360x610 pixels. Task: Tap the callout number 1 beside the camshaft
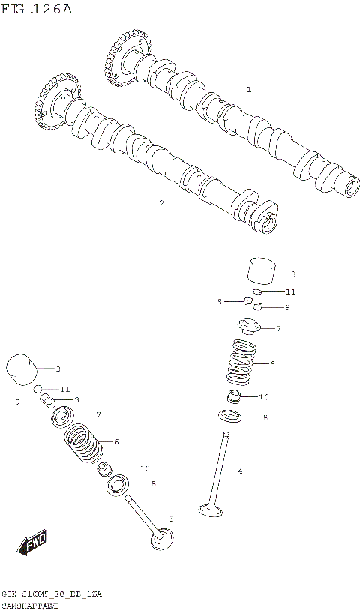coord(249,90)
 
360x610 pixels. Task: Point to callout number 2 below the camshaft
coord(161,202)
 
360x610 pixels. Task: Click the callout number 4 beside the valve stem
coord(240,471)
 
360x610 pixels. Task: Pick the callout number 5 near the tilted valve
coord(171,519)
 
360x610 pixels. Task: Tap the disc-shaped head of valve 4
coord(211,511)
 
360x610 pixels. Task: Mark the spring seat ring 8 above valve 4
coord(231,417)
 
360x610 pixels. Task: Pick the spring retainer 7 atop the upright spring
coord(247,327)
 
